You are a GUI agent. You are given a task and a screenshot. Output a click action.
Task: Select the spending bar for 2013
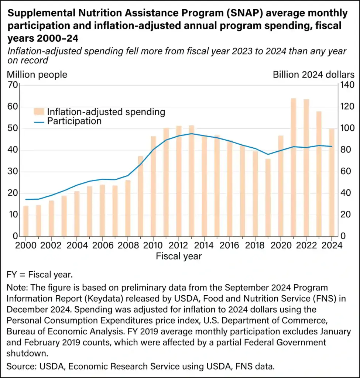[x=192, y=181]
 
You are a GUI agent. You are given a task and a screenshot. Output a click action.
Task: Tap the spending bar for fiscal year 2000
[x=26, y=221]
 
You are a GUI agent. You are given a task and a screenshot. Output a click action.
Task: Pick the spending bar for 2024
[x=332, y=182]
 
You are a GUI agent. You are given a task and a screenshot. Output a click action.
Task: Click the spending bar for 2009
[x=141, y=196]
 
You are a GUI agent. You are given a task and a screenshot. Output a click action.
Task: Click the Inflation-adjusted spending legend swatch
[x=40, y=111]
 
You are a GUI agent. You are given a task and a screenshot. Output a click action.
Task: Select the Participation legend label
[x=74, y=121]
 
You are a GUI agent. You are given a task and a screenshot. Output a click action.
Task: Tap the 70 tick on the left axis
[x=13, y=85]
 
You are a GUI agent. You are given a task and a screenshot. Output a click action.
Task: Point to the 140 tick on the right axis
[x=347, y=85]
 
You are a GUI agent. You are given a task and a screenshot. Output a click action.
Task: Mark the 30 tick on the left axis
[x=13, y=172]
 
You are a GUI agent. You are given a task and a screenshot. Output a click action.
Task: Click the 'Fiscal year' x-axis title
[x=179, y=256]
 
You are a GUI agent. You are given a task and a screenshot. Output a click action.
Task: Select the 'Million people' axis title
[x=37, y=75]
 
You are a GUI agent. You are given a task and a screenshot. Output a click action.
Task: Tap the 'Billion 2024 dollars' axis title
[x=313, y=75]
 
